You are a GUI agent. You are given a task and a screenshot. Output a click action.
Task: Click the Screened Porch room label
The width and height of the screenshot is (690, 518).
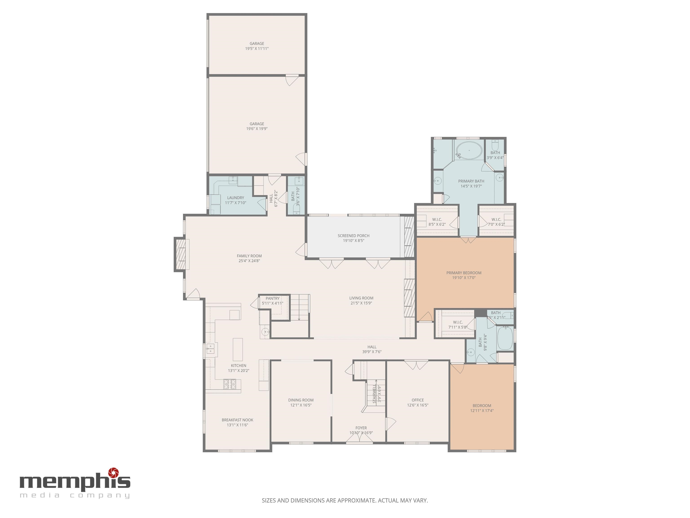(353, 236)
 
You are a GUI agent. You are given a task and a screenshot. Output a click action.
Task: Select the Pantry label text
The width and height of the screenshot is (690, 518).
(272, 299)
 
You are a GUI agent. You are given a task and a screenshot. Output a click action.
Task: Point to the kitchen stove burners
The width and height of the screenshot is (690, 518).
(230, 384)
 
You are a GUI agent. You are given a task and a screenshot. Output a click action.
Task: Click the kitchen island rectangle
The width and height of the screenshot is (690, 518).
(238, 349)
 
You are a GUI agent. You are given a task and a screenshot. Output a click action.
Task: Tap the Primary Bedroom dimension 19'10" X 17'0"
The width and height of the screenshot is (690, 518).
(464, 278)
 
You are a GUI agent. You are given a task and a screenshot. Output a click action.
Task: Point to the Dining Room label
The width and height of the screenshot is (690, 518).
(301, 400)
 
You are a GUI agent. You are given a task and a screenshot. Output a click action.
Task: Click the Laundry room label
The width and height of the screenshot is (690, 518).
(236, 198)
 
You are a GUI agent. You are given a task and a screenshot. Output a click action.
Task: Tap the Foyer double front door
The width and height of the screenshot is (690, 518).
(359, 438)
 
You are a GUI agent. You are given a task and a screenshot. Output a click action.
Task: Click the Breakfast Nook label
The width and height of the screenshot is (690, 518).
(237, 420)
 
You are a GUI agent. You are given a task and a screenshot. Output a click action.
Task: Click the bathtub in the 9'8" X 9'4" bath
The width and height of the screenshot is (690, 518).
(504, 338)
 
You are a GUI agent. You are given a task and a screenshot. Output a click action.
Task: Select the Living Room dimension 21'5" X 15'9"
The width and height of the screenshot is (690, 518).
(361, 303)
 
